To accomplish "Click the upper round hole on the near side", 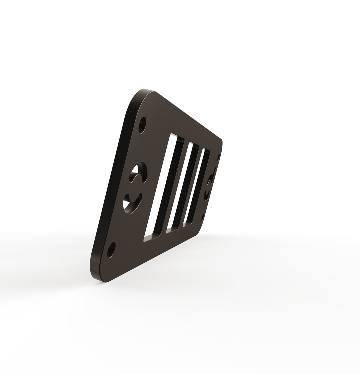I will (142, 125).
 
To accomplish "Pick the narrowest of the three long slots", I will (197, 187).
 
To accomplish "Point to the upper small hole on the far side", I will (219, 157).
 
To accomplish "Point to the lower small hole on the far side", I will (203, 217).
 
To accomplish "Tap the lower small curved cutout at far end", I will (206, 194).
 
